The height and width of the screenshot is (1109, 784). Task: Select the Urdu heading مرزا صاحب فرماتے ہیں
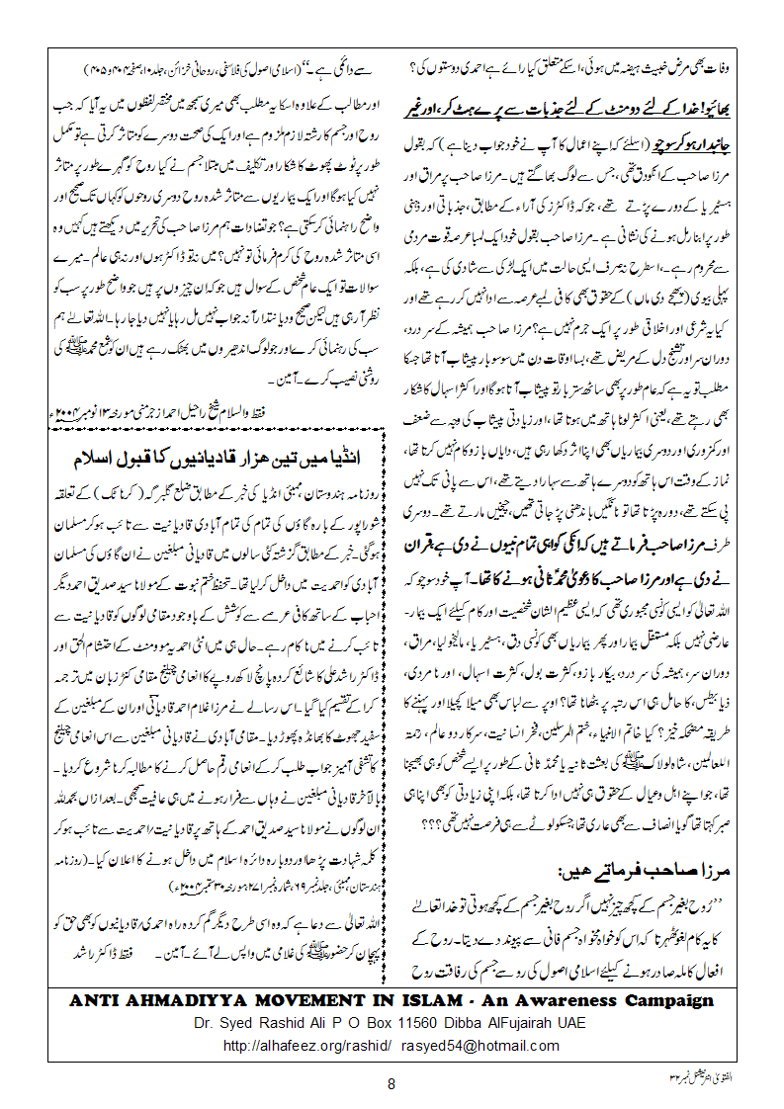point(639,873)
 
